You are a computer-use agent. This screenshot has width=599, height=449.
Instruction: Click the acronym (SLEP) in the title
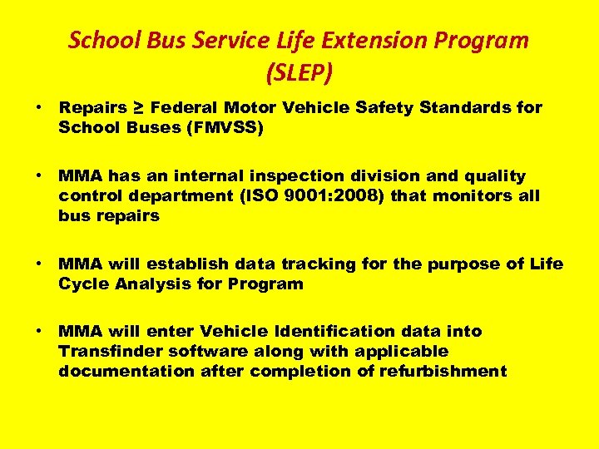point(299,73)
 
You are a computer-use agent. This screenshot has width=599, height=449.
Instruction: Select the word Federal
point(183,108)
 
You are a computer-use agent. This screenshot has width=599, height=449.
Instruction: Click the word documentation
point(126,372)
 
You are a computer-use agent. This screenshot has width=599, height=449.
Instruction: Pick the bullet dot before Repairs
point(39,108)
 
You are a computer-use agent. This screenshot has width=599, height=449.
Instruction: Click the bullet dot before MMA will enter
point(39,331)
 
